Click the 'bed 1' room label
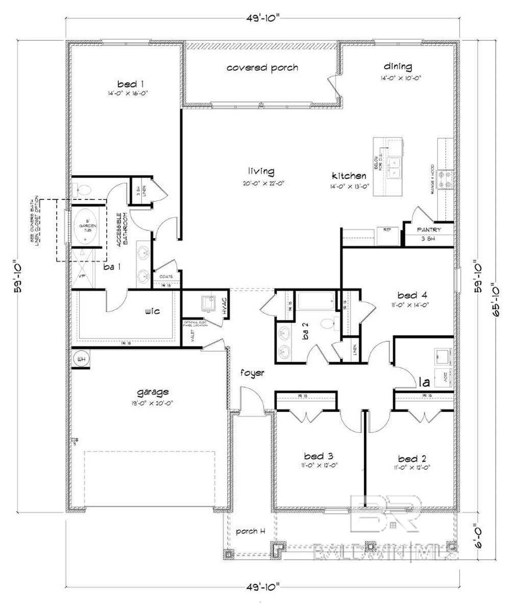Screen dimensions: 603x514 coord(127,84)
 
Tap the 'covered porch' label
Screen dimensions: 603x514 coord(262,68)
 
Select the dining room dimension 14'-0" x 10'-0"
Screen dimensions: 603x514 coord(400,78)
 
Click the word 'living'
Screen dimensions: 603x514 coord(261,171)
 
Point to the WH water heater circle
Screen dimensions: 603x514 coord(81,359)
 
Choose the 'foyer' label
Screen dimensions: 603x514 coord(253,373)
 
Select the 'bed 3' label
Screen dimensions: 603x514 coord(319,456)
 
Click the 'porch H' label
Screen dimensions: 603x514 coord(250,531)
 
